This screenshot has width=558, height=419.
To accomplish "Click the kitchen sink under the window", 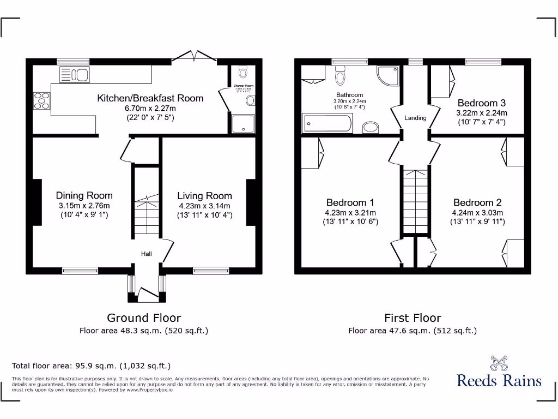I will click(x=75, y=75).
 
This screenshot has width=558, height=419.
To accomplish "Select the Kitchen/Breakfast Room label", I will click(x=150, y=98).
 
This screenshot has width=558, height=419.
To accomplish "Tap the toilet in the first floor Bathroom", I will click(x=341, y=76).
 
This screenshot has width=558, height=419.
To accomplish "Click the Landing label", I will click(x=415, y=118).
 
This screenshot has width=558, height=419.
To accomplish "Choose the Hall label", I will click(x=147, y=254).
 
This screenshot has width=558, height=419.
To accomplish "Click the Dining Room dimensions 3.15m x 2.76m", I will click(x=84, y=206).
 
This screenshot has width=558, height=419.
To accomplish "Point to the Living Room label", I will click(x=204, y=196).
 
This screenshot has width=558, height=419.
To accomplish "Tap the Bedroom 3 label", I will click(x=481, y=103).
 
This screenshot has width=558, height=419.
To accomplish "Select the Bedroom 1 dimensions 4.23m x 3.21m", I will click(x=350, y=213).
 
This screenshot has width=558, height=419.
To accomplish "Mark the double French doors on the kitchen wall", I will click(x=194, y=56).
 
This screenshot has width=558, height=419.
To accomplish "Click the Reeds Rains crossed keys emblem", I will click(x=499, y=363).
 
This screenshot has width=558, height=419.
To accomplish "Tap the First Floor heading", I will click(x=413, y=318).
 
